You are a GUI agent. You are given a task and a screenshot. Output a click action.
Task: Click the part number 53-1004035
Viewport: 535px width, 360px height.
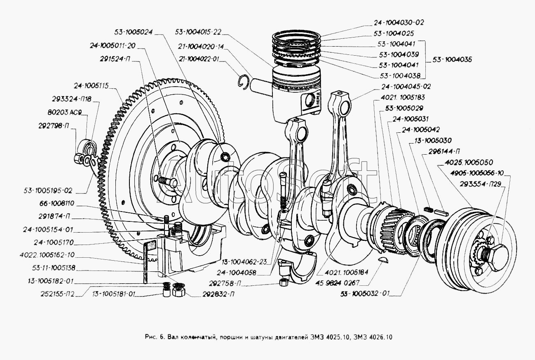[x=452, y=60]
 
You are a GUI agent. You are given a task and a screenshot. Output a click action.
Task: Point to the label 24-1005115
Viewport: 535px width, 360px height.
[x=91, y=86]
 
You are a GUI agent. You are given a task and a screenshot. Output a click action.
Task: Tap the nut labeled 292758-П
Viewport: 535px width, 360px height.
[x=283, y=283]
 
